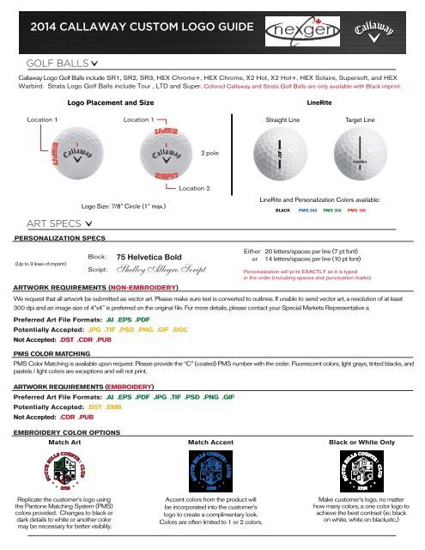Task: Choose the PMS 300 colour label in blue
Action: [308, 210]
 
